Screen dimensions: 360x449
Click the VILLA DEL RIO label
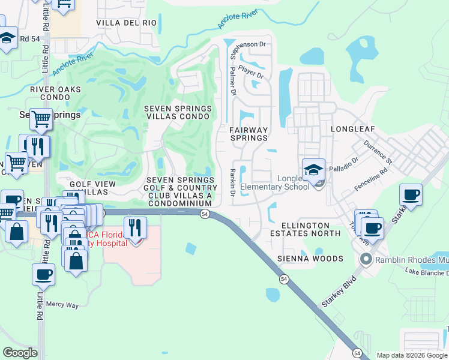click(127, 23)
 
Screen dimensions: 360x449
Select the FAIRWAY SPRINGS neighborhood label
click(249, 134)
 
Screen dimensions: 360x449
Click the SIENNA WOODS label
click(310, 259)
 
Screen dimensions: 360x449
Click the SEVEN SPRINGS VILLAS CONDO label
click(178, 112)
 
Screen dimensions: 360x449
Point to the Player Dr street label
click(251, 71)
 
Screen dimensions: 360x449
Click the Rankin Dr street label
click(233, 183)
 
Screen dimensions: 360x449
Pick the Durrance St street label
click(378, 153)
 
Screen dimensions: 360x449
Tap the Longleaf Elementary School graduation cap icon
click(313, 170)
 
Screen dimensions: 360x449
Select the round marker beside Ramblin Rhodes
click(366, 259)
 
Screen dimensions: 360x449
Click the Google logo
click(20, 353)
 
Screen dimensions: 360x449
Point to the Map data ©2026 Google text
click(411, 355)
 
